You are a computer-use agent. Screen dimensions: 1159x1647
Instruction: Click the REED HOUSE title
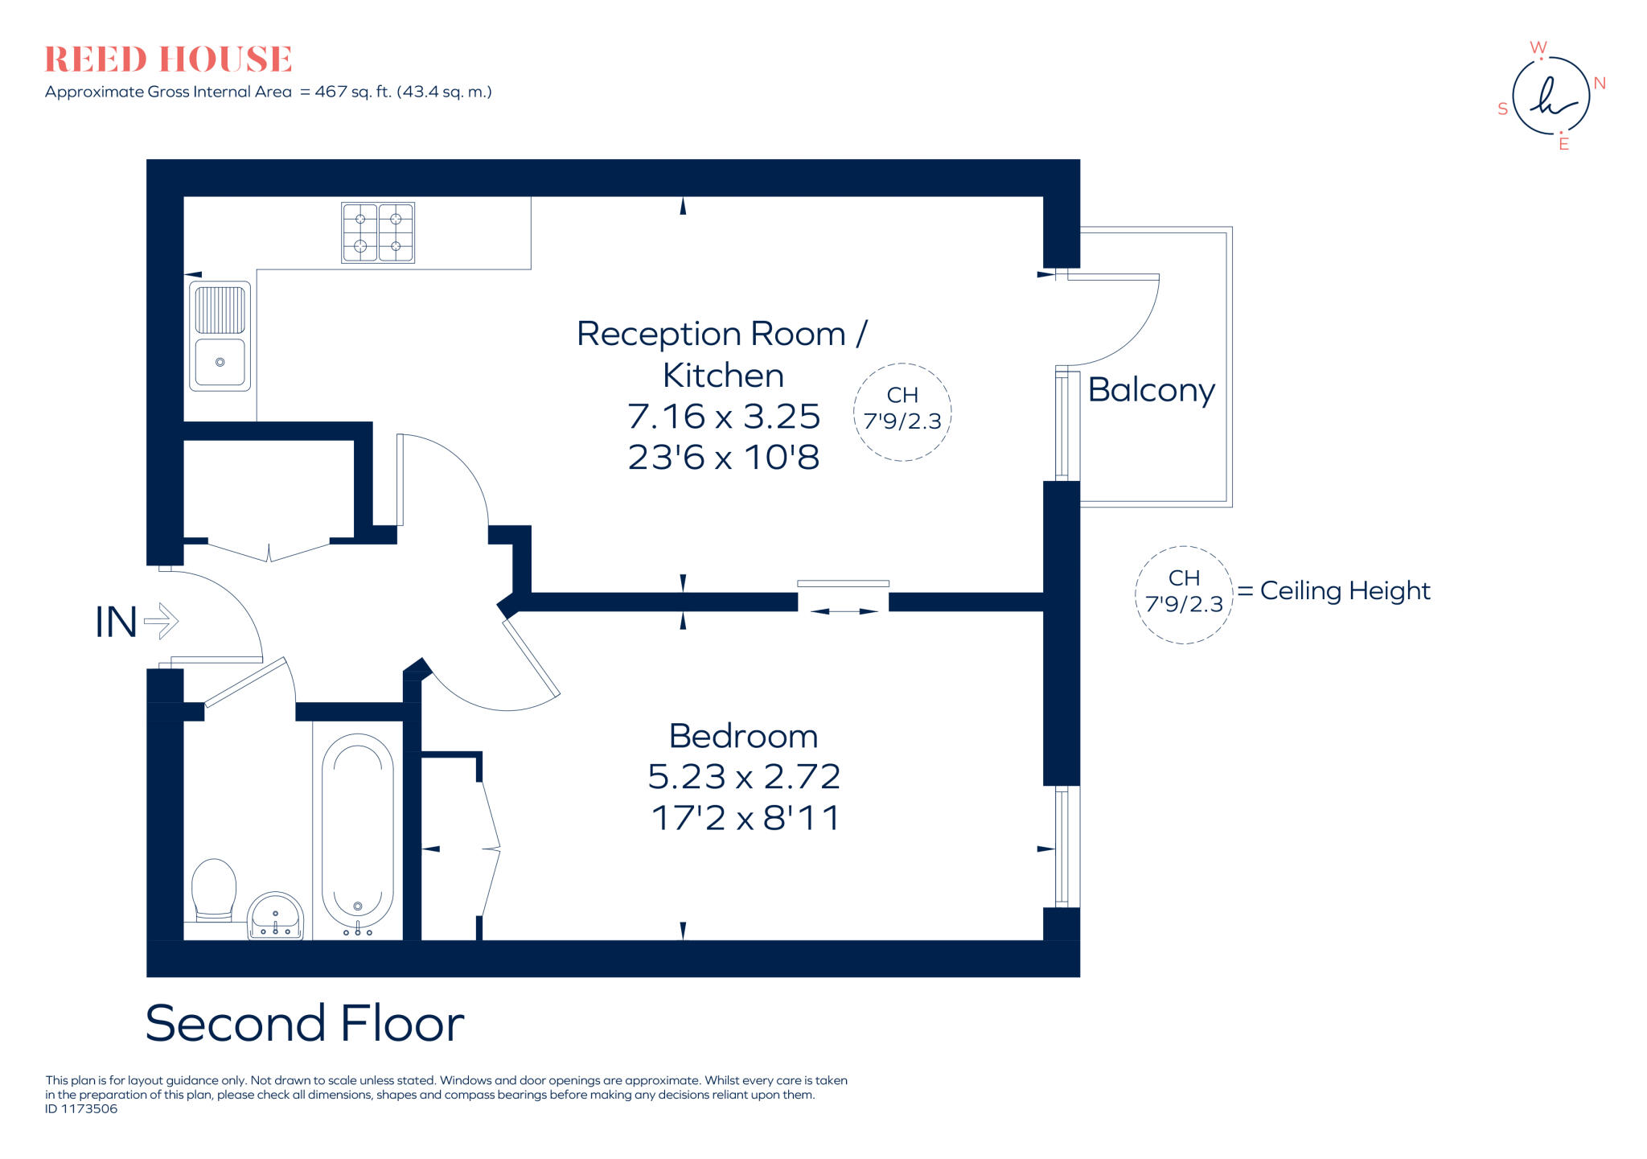pyautogui.click(x=168, y=60)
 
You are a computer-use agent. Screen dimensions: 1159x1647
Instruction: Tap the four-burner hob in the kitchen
pyautogui.click(x=378, y=232)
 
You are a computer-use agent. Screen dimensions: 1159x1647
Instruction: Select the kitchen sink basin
pyautogui.click(x=220, y=362)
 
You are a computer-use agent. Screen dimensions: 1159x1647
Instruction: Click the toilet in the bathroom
pyautogui.click(x=214, y=889)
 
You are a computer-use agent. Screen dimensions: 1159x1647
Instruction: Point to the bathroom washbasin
pyautogui.click(x=275, y=917)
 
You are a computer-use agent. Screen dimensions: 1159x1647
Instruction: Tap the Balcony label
pyautogui.click(x=1151, y=390)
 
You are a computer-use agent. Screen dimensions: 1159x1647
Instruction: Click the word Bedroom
pyautogui.click(x=743, y=736)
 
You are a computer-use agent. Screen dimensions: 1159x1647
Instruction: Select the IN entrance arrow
pyautogui.click(x=161, y=621)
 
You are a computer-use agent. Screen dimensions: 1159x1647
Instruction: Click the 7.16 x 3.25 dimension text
pyautogui.click(x=723, y=417)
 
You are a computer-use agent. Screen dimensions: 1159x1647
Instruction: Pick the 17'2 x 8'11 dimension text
pyautogui.click(x=745, y=819)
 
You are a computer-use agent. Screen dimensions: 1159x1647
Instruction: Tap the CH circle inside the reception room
pyautogui.click(x=902, y=412)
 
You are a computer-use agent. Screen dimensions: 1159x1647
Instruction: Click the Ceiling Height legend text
pyautogui.click(x=1345, y=591)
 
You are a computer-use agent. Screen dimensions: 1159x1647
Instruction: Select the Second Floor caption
pyautogui.click(x=304, y=1023)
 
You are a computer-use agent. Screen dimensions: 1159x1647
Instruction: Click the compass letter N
pyautogui.click(x=1600, y=84)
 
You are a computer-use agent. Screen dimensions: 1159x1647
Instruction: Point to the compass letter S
pyautogui.click(x=1502, y=109)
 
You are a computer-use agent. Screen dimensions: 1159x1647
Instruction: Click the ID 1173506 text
pyautogui.click(x=81, y=1109)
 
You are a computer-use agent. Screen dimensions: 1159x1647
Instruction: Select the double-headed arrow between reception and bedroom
pyautogui.click(x=844, y=611)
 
